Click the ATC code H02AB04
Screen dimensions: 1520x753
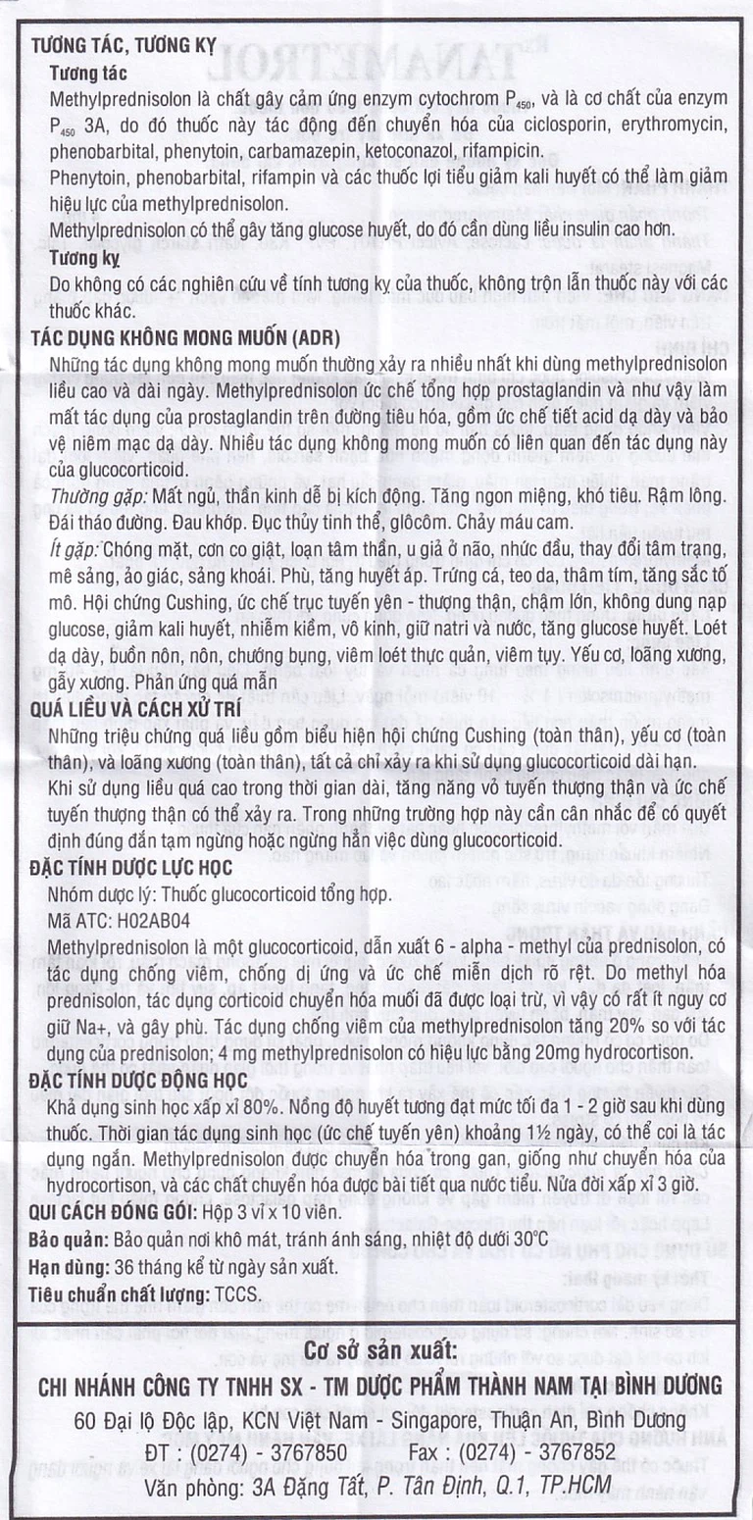tap(151, 922)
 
